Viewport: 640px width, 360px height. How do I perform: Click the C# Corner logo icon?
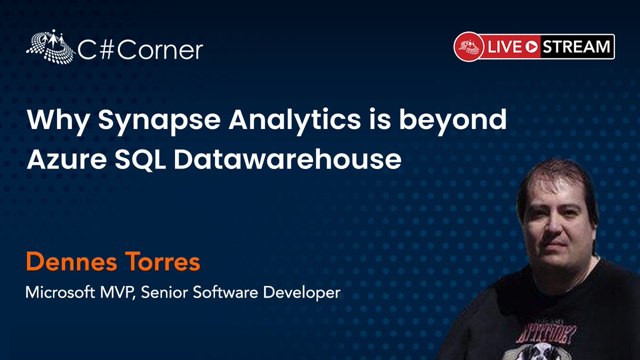(x=49, y=47)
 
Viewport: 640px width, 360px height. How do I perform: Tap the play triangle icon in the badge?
(x=531, y=47)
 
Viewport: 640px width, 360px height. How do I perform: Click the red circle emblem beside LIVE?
(x=468, y=47)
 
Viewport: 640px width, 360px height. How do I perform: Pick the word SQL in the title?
(x=139, y=159)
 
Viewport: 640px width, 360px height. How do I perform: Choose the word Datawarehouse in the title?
(x=287, y=159)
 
